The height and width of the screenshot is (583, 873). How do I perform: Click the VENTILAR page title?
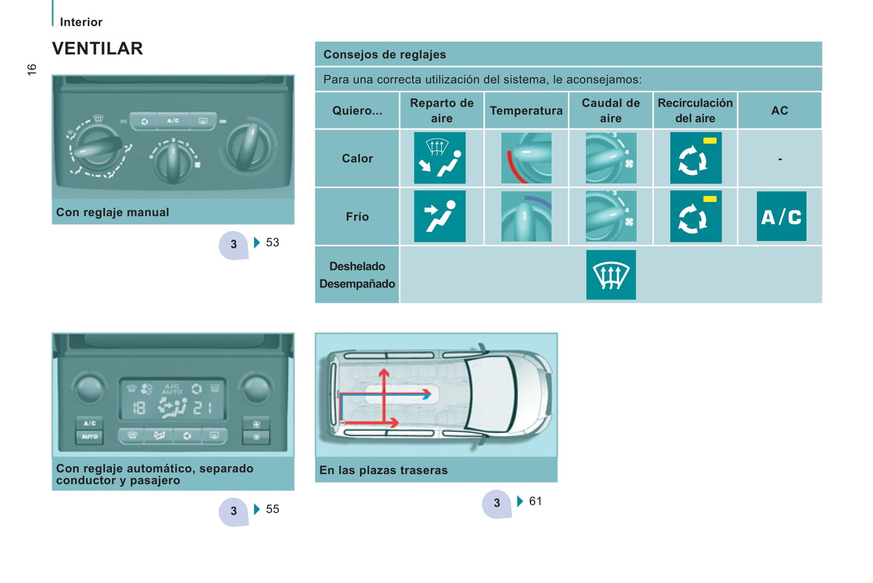97,48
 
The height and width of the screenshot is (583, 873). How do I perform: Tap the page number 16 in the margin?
31,70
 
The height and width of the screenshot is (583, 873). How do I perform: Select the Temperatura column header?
526,111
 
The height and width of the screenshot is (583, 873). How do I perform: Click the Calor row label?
357,158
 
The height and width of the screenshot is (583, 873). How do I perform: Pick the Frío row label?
357,216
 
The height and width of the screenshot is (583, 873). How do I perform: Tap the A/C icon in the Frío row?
781,216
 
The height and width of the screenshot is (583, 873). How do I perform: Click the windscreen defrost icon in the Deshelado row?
611,275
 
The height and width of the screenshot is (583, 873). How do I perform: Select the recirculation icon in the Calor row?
695,158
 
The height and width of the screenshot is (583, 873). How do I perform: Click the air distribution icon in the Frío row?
440,216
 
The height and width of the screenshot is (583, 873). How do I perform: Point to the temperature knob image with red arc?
526,158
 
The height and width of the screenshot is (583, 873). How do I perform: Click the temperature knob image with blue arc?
526,216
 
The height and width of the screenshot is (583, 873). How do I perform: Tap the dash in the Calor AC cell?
780,159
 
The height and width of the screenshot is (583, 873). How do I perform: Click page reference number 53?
272,243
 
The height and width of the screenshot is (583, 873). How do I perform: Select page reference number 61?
535,501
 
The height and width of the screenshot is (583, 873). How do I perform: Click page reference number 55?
272,509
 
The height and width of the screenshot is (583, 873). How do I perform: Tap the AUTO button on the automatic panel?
89,437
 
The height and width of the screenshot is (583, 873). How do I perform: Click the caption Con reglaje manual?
112,212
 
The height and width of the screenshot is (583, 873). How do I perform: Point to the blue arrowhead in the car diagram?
427,396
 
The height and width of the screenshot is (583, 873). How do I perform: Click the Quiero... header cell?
357,111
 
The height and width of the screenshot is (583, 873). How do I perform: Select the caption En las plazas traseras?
384,470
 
